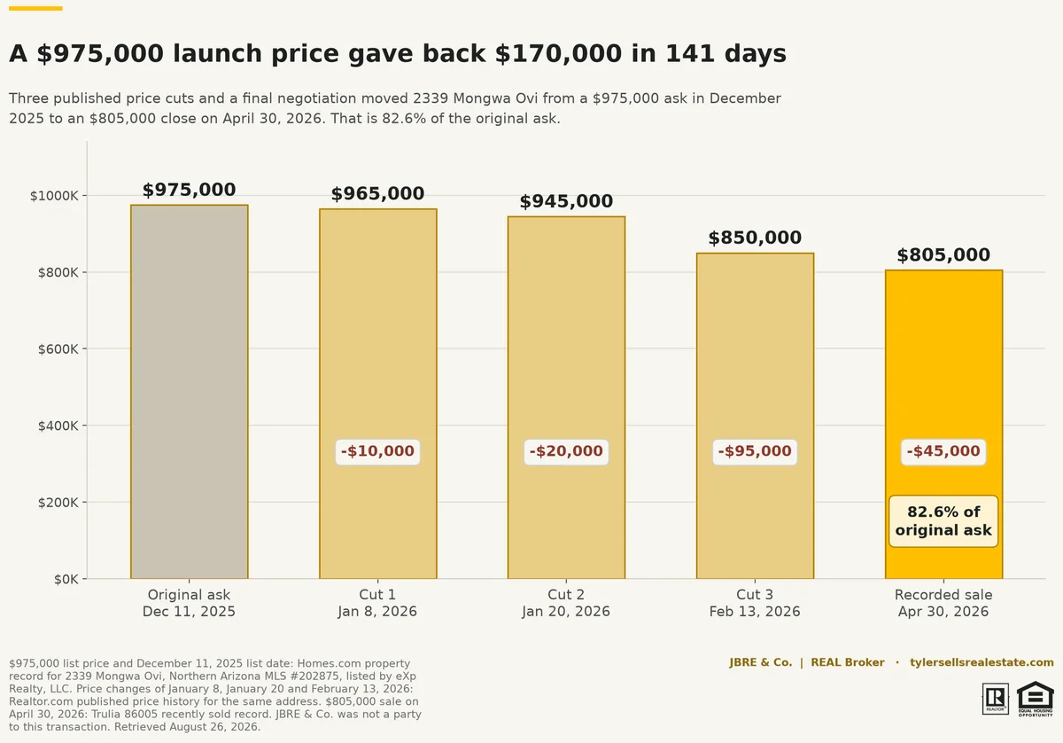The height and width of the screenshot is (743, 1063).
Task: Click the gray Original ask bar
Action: [190, 392]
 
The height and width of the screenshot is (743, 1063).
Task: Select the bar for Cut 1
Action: [377, 394]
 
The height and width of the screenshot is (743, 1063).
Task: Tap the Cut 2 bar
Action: [566, 397]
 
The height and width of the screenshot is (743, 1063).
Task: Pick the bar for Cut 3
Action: [755, 416]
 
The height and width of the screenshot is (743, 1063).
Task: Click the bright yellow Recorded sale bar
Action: [943, 424]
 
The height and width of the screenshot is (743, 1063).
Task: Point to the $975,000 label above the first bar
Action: [190, 190]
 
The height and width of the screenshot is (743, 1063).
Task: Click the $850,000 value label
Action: [755, 238]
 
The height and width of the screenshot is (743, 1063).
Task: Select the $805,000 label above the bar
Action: [943, 254]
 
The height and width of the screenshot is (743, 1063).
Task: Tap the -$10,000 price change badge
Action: [377, 451]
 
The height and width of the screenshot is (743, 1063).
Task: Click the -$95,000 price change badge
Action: [755, 451]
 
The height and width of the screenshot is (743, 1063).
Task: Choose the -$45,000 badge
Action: [943, 451]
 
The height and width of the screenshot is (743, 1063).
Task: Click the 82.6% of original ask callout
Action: [943, 521]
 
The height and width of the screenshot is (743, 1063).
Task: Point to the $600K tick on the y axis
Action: [58, 349]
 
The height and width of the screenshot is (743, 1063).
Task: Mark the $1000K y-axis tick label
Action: [54, 196]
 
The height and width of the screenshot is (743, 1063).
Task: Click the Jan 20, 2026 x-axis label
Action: [566, 612]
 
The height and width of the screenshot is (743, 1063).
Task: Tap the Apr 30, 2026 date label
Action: [943, 612]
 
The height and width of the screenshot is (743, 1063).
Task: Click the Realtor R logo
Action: [995, 699]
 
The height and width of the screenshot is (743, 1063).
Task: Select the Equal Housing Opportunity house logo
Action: [1035, 699]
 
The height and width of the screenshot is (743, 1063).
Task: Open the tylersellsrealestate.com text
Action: [982, 662]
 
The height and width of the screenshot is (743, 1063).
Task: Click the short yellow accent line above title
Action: [35, 8]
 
